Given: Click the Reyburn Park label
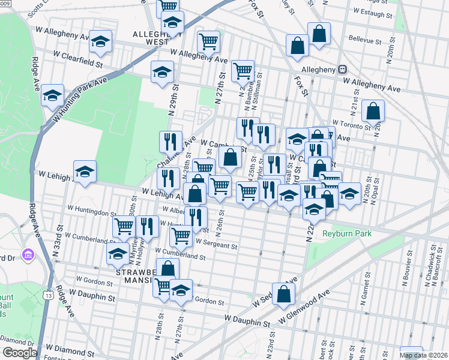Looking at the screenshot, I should [x=347, y=233].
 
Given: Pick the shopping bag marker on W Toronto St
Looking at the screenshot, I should [x=373, y=111].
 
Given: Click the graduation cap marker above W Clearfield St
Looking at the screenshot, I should [x=100, y=42].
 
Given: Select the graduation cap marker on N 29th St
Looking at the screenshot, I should [x=162, y=73].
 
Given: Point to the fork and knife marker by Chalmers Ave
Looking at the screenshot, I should [x=170, y=142].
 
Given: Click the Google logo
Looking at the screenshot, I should [x=20, y=352].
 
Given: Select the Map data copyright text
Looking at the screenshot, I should [x=424, y=355].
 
